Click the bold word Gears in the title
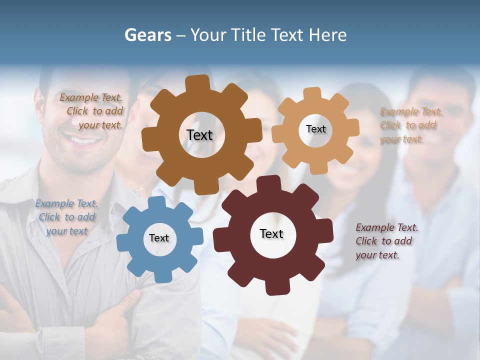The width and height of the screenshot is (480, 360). coord(148,35)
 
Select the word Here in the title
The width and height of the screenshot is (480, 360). coord(327,35)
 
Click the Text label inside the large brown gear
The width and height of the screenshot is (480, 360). coord(199,135)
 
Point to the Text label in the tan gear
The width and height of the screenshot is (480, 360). coord(315,129)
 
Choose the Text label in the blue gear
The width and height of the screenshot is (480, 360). coord(159,238)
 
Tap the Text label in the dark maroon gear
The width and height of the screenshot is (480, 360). coord(271,233)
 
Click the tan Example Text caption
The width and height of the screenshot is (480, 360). coord(411,125)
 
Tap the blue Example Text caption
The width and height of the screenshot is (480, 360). coord(66,217)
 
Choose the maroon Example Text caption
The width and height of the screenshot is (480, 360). coord(386,241)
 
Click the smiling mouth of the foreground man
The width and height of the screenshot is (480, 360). coord(83,141)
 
